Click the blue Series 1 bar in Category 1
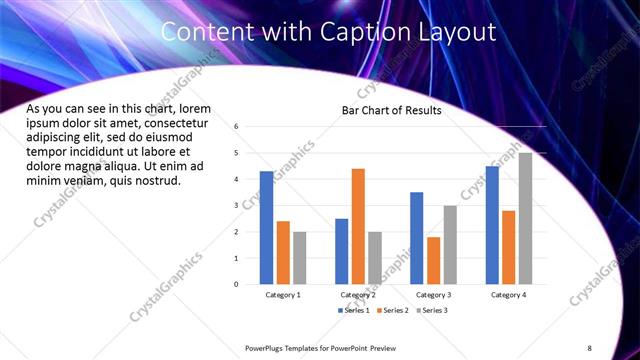pos(266,228)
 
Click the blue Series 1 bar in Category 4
pos(492,225)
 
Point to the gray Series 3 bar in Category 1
pos(300,258)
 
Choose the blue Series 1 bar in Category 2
pos(342,251)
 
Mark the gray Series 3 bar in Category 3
pos(450,245)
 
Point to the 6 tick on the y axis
pos(236,127)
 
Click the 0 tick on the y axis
pos(236,284)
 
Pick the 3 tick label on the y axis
pos(236,205)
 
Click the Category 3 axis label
pos(433,295)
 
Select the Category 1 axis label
pos(283,295)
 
